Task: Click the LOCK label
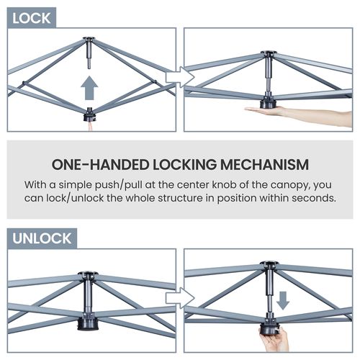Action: [32, 18]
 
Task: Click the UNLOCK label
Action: [42, 238]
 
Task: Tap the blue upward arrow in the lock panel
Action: [89, 88]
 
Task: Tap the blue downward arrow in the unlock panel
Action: [283, 300]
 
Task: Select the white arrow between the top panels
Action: [180, 77]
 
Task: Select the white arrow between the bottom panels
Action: [180, 298]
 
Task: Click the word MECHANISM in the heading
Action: [264, 165]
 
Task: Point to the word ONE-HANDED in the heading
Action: [100, 165]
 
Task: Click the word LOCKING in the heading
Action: [184, 165]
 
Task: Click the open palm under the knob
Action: [264, 111]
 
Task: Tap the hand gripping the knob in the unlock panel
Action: [276, 341]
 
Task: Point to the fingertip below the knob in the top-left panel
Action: [90, 126]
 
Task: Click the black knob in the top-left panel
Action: [89, 115]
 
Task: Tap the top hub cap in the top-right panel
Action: [269, 53]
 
